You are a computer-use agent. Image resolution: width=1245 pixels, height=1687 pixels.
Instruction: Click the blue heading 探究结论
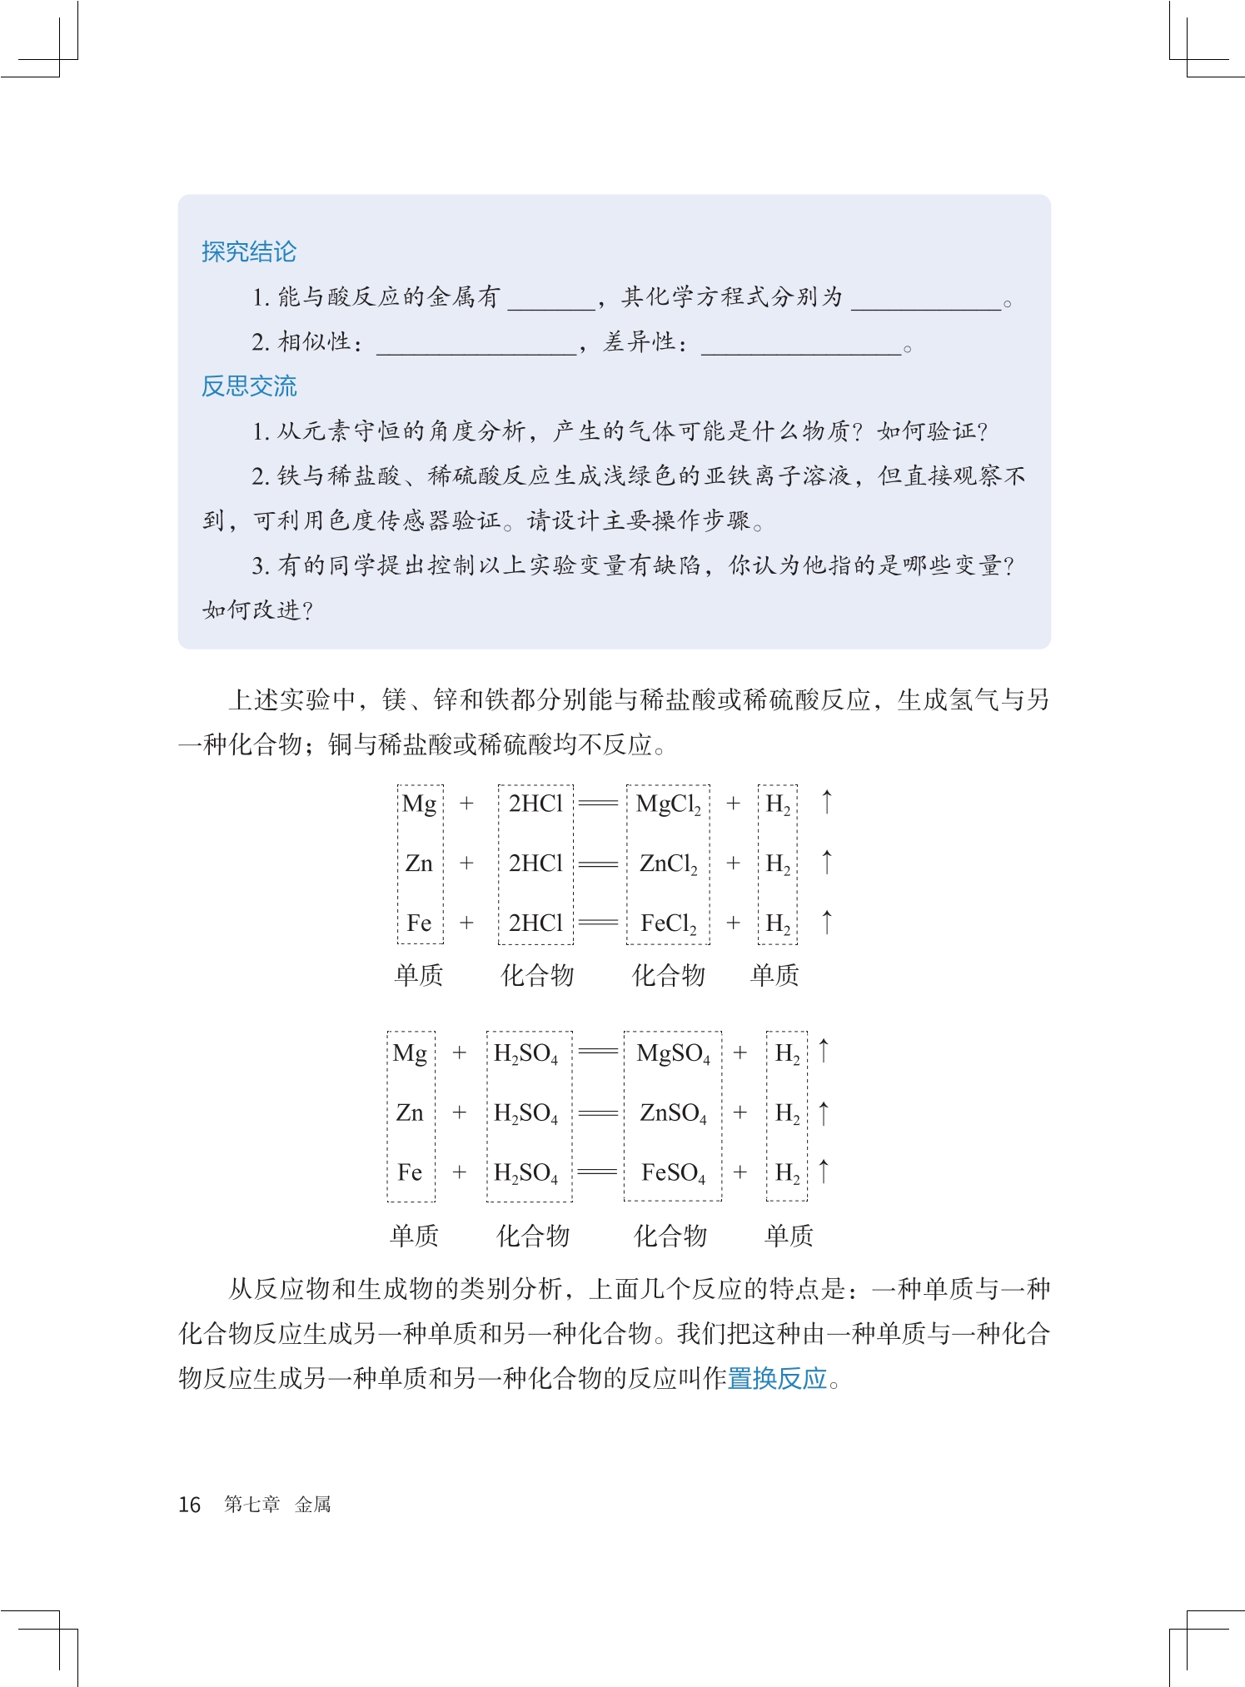click(x=248, y=251)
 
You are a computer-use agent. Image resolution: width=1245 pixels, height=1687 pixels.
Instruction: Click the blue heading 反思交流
click(x=248, y=386)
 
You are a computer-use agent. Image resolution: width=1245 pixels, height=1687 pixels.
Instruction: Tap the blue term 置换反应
click(x=777, y=1379)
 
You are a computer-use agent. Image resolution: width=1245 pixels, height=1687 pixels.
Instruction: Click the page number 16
click(x=189, y=1504)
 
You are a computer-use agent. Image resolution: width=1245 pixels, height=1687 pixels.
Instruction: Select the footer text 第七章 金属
click(x=277, y=1504)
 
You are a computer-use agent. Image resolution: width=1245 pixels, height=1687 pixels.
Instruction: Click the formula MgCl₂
click(x=668, y=804)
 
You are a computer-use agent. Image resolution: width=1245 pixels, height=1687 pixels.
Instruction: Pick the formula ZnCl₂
click(x=668, y=864)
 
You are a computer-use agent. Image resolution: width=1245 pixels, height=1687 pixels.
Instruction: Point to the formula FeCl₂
click(x=668, y=923)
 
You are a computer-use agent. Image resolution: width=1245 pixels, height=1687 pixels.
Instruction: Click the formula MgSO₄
click(x=673, y=1054)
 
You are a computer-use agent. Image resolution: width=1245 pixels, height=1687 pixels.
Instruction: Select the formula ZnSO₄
click(x=673, y=1113)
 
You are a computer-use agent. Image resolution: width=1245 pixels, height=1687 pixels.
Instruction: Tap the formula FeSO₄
click(x=673, y=1173)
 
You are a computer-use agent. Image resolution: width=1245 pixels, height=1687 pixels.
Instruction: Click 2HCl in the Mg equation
click(x=535, y=804)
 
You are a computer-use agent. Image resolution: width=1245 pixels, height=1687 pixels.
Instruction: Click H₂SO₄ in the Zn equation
click(x=525, y=1113)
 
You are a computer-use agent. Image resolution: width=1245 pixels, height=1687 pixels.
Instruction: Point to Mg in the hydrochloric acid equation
click(x=419, y=804)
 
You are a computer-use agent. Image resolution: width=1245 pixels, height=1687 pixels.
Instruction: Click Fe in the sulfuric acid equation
click(x=410, y=1172)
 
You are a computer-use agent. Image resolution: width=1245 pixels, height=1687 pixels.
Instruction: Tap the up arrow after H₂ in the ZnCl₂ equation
click(x=826, y=862)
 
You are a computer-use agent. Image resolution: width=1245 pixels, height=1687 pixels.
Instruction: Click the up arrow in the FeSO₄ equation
click(x=824, y=1171)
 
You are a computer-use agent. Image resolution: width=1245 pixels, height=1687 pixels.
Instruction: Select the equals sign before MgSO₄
click(x=598, y=1053)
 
